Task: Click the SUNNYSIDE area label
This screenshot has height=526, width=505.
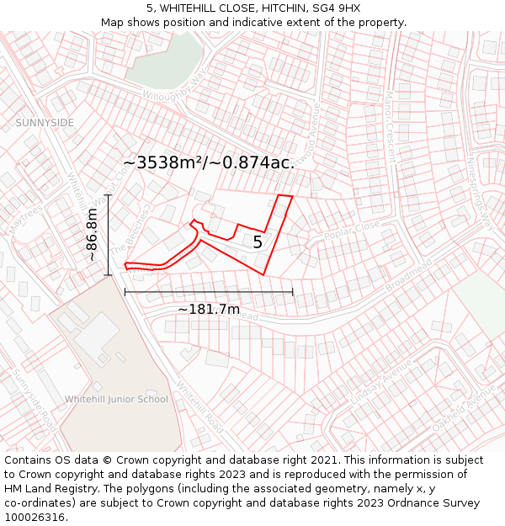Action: pyautogui.click(x=45, y=123)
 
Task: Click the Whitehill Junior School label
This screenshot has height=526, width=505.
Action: pyautogui.click(x=116, y=399)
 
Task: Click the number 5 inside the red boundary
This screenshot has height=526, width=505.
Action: pyautogui.click(x=258, y=242)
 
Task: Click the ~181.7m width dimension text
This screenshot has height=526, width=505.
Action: pyautogui.click(x=208, y=310)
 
